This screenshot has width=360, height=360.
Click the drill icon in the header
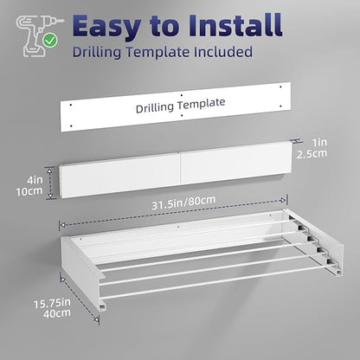37,35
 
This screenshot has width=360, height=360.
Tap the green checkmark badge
50,41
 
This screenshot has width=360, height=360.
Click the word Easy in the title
106,27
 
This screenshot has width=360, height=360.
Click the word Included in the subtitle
223,52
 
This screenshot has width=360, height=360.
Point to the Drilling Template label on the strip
180,106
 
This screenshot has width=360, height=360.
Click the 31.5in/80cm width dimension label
183,202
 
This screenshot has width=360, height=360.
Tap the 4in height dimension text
35,180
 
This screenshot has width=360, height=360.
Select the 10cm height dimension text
29,191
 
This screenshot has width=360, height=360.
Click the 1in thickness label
319,142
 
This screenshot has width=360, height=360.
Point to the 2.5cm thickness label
312,153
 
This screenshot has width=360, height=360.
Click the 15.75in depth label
52,304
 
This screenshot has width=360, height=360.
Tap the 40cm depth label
57,313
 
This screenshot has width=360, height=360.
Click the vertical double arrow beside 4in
51,183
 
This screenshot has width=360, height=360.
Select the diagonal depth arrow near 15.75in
80,299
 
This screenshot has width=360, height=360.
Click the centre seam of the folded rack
180,170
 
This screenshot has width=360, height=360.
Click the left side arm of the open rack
83,274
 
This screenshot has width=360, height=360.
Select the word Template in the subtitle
157,53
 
